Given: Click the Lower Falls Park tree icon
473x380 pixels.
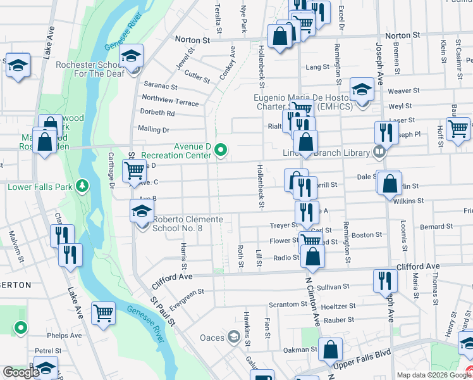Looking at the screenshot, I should click(82, 186).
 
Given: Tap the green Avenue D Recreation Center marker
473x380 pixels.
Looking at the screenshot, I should click(221, 150).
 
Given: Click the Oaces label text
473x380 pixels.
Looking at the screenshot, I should click(212, 337).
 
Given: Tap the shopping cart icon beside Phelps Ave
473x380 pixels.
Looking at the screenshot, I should click(103, 312).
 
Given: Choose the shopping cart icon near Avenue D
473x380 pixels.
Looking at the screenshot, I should click(133, 170).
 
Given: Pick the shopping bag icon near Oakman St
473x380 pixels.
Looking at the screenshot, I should click(330, 348).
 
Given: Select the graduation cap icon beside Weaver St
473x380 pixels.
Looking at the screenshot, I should click(362, 89).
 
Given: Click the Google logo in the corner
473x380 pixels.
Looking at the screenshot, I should click(21, 372).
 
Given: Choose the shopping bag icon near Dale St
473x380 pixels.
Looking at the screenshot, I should click(390, 183).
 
